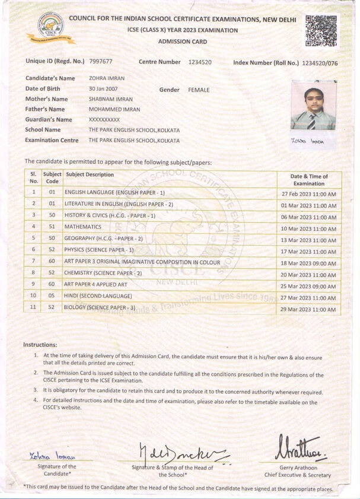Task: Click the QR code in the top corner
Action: click(x=321, y=31)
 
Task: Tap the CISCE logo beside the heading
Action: click(x=42, y=28)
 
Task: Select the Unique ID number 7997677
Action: click(x=101, y=62)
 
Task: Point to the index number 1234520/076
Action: click(x=320, y=62)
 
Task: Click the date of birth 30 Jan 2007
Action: click(x=105, y=89)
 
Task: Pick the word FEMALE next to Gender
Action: click(x=199, y=90)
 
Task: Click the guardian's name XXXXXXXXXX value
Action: click(x=104, y=120)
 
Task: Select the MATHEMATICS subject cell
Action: click(x=83, y=227)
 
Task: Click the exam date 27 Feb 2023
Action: click(x=308, y=194)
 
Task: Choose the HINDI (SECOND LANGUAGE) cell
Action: click(x=98, y=295)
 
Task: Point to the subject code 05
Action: click(x=52, y=295)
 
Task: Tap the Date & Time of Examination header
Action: click(x=308, y=180)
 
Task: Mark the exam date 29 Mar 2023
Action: click(x=308, y=310)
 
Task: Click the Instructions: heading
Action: click(x=40, y=345)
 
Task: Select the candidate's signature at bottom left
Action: click(x=52, y=456)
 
